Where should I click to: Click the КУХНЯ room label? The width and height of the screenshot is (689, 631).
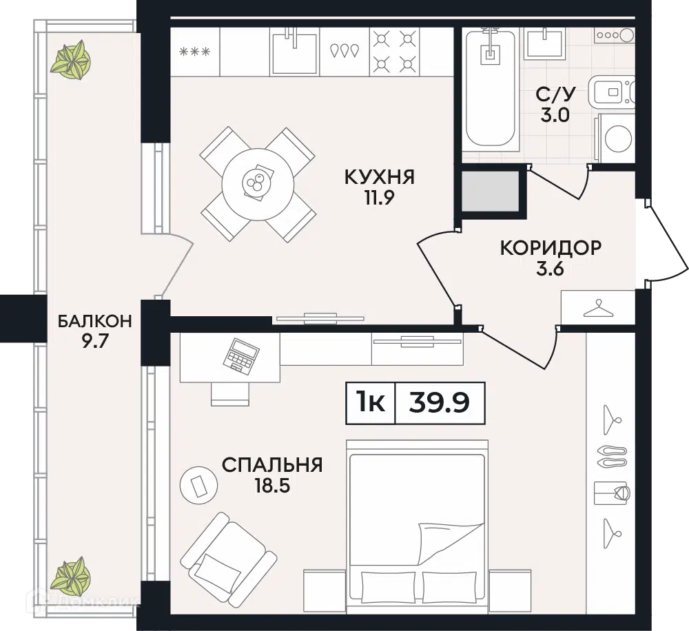[379, 177]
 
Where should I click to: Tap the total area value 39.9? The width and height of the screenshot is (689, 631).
[439, 402]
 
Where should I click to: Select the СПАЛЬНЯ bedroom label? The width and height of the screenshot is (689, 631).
[272, 465]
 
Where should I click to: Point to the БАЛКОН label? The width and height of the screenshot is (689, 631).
[95, 321]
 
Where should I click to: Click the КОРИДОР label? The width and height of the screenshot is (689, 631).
[551, 248]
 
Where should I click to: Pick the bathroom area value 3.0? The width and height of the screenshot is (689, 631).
[555, 115]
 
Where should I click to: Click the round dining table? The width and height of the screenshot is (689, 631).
[258, 184]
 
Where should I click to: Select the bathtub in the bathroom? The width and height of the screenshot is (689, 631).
[491, 88]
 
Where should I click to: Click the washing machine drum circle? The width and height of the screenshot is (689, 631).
[619, 138]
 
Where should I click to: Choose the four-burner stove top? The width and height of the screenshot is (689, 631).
[395, 52]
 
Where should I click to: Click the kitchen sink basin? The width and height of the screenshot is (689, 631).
[294, 54]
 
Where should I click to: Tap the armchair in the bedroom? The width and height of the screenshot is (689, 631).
[229, 552]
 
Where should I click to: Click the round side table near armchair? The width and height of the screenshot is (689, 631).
[198, 485]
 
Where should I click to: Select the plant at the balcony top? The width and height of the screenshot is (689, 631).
[70, 61]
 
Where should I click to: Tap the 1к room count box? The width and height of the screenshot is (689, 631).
[371, 403]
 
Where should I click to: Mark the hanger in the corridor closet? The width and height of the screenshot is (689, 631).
[598, 309]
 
